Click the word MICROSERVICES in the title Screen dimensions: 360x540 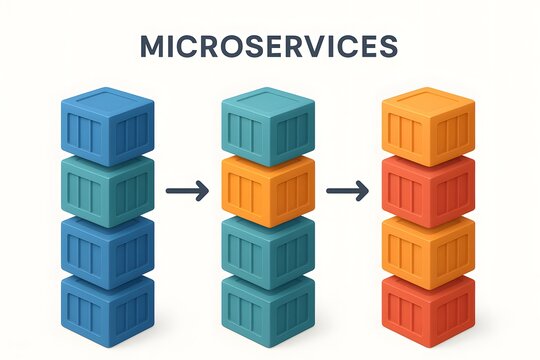pyautogui.click(x=269, y=46)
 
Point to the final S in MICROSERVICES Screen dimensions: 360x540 pyautogui.click(x=389, y=46)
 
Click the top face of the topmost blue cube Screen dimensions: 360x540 pyautogui.click(x=107, y=103)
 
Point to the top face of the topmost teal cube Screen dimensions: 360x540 pyautogui.click(x=268, y=103)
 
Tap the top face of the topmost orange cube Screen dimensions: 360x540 pyautogui.click(x=428, y=103)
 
